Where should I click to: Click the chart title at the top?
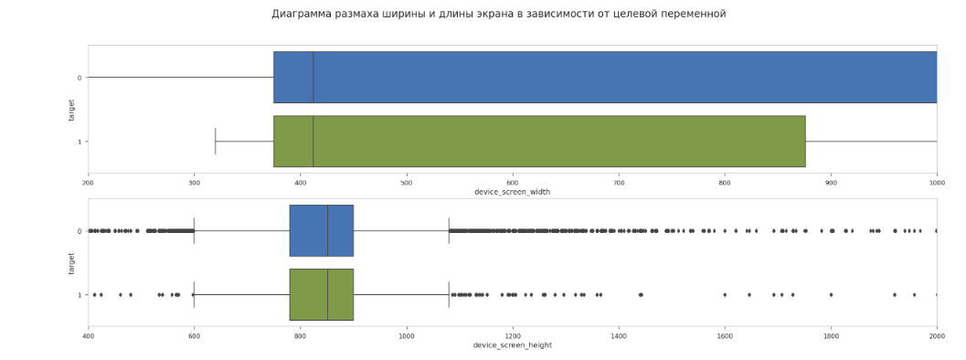pyautogui.click(x=498, y=14)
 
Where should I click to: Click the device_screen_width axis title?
pyautogui.click(x=512, y=192)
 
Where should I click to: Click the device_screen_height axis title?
pyautogui.click(x=512, y=345)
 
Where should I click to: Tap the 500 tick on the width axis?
pyautogui.click(x=406, y=183)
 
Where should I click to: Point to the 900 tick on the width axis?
pyautogui.click(x=831, y=183)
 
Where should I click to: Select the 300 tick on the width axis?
pyautogui.click(x=194, y=183)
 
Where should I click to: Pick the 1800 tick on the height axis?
pyautogui.click(x=831, y=336)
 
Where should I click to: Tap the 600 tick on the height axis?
pyautogui.click(x=194, y=336)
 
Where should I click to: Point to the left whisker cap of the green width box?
pyautogui.click(x=216, y=142)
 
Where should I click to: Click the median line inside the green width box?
pyautogui.click(x=313, y=142)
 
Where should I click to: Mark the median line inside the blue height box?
pyautogui.click(x=327, y=231)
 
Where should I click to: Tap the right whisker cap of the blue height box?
pyautogui.click(x=449, y=231)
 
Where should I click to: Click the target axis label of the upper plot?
pyautogui.click(x=71, y=110)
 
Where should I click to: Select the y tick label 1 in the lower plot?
pyautogui.click(x=80, y=295)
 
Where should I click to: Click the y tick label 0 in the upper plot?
pyautogui.click(x=80, y=78)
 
